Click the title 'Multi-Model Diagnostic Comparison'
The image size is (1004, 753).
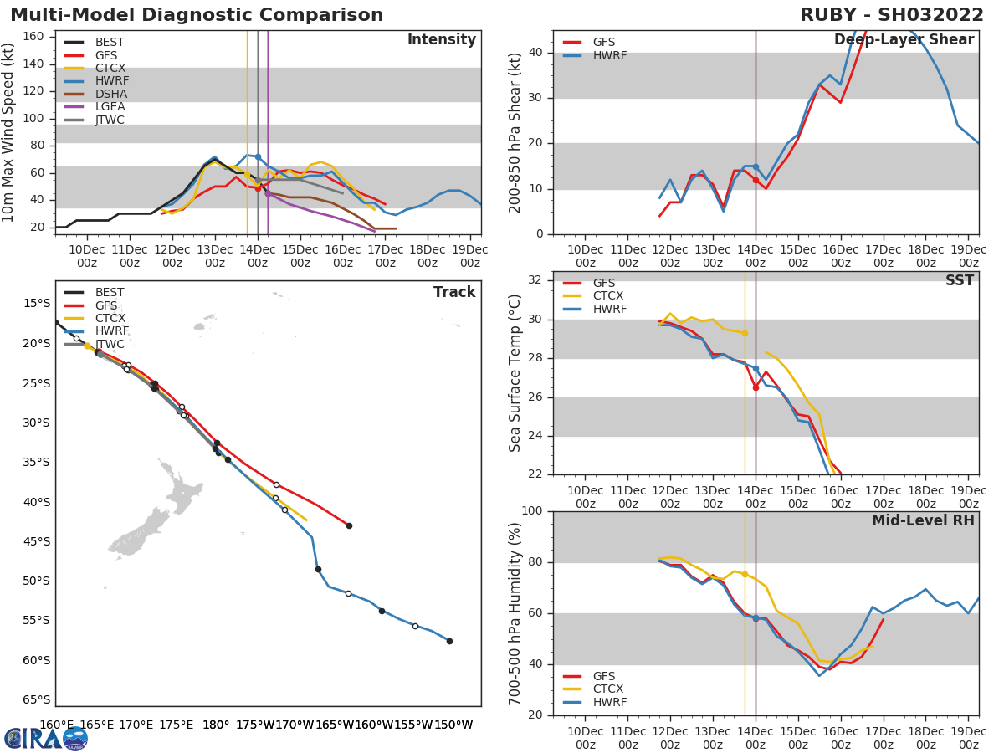197,15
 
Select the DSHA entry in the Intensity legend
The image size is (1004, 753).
110,94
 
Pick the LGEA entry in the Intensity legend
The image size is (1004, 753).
110,107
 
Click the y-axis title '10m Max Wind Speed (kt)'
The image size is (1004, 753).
9,132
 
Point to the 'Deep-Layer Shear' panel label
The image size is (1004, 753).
904,40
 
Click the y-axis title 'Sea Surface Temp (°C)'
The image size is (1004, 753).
515,372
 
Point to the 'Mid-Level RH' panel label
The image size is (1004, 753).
923,520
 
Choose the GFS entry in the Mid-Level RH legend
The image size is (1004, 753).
603,676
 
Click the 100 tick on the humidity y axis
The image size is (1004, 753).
534,511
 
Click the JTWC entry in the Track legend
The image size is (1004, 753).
110,344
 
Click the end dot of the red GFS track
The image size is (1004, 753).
349,525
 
